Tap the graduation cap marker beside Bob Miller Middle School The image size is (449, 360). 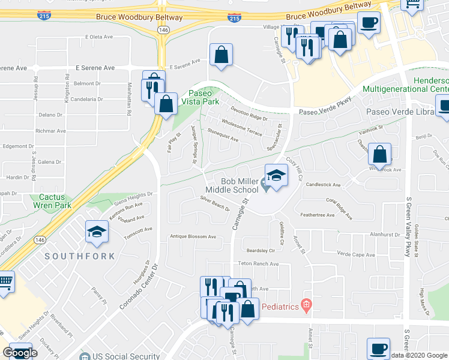[276, 175]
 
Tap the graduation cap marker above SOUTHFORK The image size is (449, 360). [97, 232]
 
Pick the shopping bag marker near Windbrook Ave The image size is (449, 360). [380, 155]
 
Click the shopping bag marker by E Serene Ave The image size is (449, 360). [221, 55]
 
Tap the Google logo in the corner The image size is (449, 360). [20, 353]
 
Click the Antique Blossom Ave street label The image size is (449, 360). [193, 236]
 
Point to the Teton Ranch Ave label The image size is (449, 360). [259, 263]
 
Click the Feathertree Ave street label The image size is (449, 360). [318, 214]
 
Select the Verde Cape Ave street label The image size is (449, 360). [356, 254]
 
